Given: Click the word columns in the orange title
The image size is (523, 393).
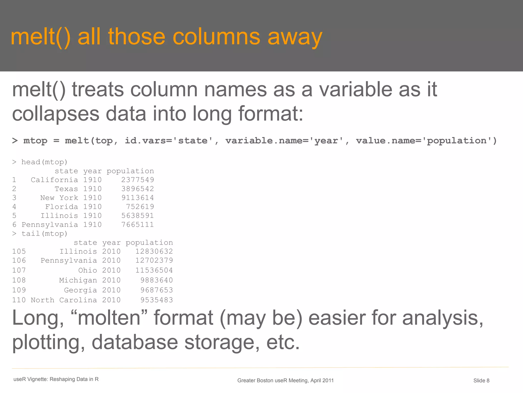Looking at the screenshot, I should coord(216,37).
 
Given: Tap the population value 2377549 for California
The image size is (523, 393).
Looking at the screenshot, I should coord(137,180).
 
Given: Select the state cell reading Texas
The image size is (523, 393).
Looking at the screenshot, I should coord(66,189).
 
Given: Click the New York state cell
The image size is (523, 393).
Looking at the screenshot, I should coord(59,198).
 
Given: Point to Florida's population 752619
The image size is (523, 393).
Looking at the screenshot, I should coord(140,207).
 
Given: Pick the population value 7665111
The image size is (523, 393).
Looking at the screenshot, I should coord(137,224).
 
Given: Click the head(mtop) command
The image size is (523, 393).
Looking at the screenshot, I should coord(44,162).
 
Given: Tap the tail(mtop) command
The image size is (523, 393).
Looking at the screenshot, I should coord(44,233).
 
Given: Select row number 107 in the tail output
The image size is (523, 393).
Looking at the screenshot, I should coord(19,270).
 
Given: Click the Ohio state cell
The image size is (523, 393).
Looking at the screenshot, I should coord(88,270).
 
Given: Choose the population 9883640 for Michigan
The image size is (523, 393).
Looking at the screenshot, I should coord(157,280).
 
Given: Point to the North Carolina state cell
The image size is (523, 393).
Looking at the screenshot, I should coord(64,300).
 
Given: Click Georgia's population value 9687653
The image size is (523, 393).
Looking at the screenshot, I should coord(157,290).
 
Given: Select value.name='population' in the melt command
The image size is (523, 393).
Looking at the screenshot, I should coord(426,141).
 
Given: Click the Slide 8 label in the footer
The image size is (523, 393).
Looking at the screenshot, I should coord(481,380).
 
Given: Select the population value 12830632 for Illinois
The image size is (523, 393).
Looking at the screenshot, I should coord(154,251).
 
